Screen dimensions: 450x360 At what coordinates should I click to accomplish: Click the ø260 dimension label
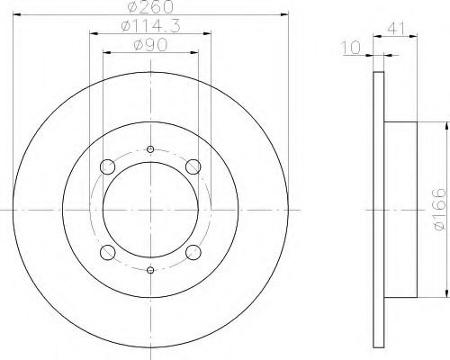point(150,6)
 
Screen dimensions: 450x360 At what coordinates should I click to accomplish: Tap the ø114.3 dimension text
point(151,26)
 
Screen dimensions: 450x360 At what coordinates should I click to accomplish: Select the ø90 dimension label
point(150,46)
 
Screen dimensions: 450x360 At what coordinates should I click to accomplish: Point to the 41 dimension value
point(396,29)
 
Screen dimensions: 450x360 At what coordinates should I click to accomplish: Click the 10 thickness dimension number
point(351,48)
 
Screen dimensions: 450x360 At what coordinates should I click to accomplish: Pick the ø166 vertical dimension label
point(440,210)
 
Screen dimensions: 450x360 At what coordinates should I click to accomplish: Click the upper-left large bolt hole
point(107,167)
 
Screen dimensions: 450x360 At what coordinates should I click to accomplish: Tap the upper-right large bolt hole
point(193,166)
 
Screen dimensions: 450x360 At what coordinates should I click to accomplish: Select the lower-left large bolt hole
point(108,253)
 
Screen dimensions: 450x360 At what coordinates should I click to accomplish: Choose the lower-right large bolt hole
point(193,253)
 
